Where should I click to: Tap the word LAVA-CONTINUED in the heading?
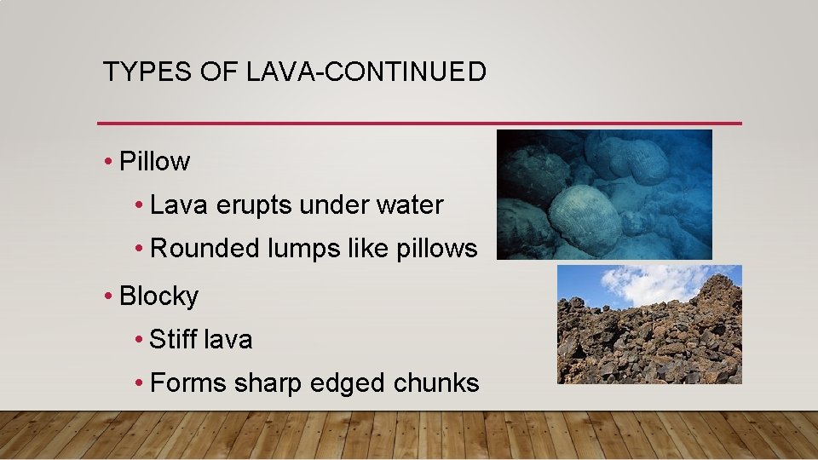click(x=366, y=72)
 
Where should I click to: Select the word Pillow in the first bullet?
click(x=155, y=161)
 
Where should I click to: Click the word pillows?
click(x=437, y=250)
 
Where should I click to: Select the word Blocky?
click(x=159, y=296)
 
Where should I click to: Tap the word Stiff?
click(x=170, y=340)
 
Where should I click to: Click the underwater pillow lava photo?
click(x=604, y=194)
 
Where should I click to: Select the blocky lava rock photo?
click(x=649, y=336)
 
